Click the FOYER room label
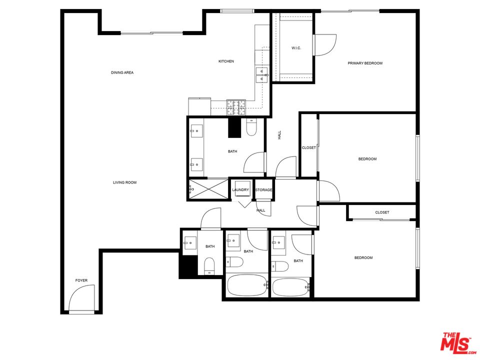(81, 280)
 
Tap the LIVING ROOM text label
(124, 182)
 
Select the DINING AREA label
(122, 73)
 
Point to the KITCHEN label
(226, 61)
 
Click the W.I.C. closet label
(296, 48)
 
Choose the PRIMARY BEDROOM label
(365, 63)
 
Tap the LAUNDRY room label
(240, 190)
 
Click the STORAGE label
(264, 190)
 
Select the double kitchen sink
(262, 75)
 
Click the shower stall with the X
(207, 189)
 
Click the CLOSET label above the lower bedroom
(382, 212)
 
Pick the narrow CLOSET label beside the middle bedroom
(309, 148)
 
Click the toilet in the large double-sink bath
(251, 128)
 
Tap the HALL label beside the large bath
(279, 135)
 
